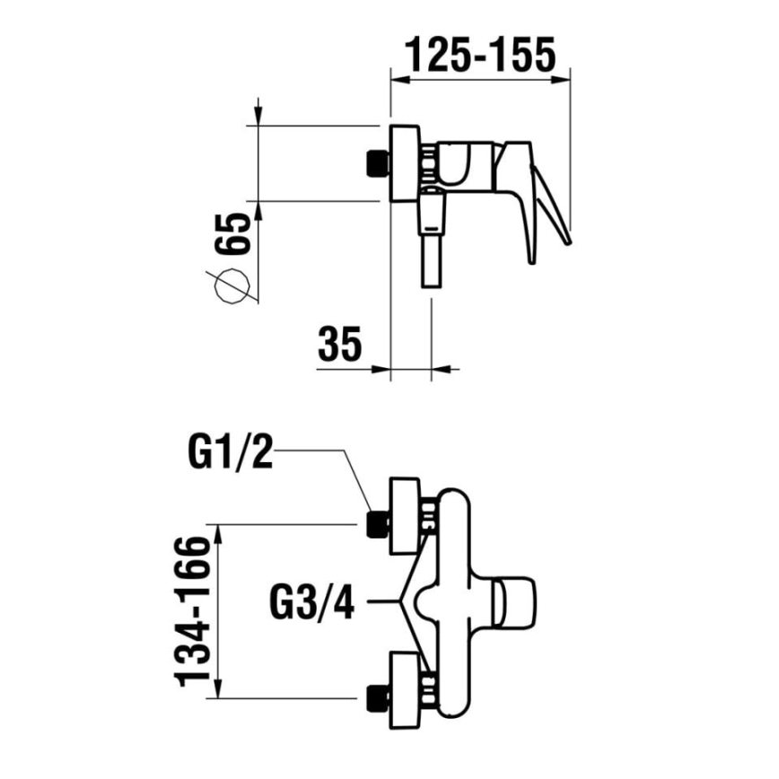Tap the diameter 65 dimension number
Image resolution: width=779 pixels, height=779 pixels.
coord(231,236)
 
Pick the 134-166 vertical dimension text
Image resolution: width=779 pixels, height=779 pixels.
coord(194,610)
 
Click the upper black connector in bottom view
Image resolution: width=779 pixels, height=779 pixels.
coord(376,524)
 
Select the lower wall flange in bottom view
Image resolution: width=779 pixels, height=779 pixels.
coord(404,687)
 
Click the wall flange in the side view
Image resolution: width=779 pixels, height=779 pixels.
coord(405,162)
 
